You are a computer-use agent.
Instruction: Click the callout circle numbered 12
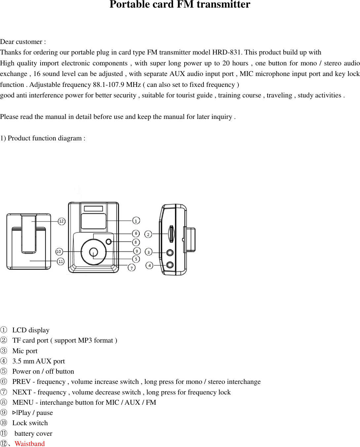61,221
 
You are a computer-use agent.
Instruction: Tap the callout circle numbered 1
136,220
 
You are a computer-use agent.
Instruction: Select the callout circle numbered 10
59,251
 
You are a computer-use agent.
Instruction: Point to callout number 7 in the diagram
132,268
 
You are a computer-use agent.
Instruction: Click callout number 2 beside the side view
148,234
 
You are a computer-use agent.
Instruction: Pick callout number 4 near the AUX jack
149,265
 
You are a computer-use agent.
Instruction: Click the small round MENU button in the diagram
109,242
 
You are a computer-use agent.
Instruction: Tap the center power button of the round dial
93,252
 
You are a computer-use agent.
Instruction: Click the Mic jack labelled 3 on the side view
170,253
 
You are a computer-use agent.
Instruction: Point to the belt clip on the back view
29,234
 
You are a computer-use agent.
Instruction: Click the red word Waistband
30,443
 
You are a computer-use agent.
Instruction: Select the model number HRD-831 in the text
226,52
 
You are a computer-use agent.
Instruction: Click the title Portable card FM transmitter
180,5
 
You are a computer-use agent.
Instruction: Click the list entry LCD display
31,330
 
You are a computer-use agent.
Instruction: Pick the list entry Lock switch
30,423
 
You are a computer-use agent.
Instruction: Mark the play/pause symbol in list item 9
15,413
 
